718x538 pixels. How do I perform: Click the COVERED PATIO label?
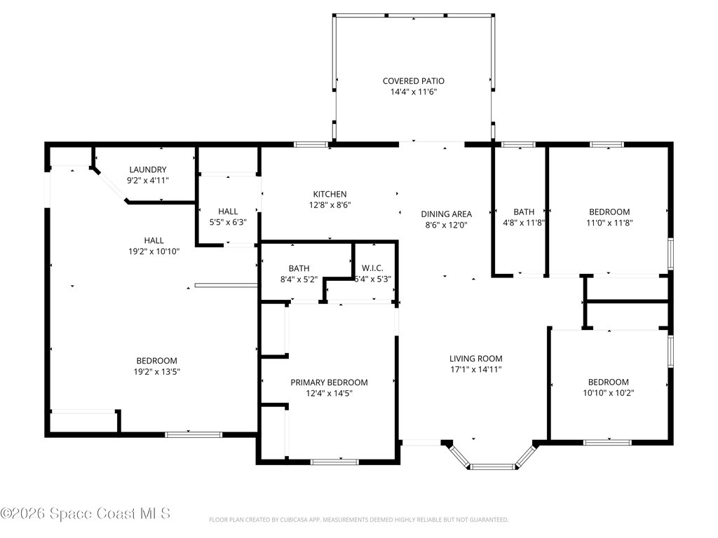(x=413, y=81)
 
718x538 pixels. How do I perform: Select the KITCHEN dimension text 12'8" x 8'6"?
(x=330, y=205)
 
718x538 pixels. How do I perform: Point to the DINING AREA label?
(x=446, y=214)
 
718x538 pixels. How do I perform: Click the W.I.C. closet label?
(x=373, y=268)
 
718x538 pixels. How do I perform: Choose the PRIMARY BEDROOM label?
(x=329, y=382)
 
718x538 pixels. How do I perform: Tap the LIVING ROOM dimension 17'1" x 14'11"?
(x=475, y=369)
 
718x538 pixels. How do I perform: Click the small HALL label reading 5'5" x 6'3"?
(x=228, y=211)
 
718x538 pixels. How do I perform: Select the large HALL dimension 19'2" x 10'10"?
(x=154, y=251)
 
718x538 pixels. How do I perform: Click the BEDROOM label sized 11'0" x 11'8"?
(x=609, y=212)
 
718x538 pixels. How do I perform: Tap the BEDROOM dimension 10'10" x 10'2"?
(x=609, y=392)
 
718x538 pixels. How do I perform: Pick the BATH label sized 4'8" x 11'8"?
(x=524, y=212)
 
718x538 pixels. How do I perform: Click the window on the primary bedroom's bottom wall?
(x=334, y=462)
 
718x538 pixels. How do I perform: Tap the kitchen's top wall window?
(x=311, y=145)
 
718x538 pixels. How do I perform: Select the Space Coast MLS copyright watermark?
(x=86, y=513)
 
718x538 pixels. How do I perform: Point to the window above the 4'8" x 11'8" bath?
(x=518, y=145)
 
